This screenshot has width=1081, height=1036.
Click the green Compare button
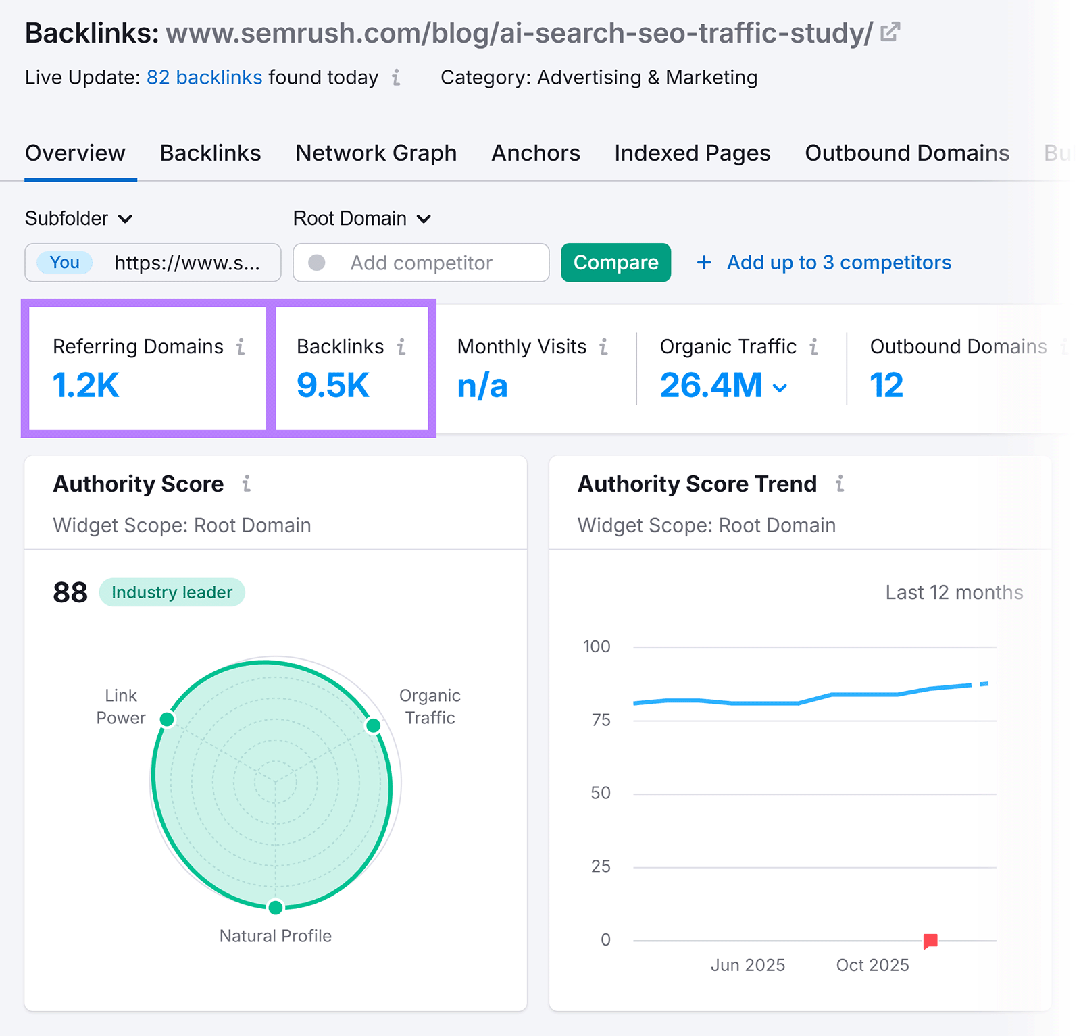click(x=615, y=263)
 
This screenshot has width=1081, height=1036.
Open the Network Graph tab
click(x=376, y=153)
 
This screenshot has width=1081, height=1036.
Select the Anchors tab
click(x=535, y=153)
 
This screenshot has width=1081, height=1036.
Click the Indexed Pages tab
click(x=692, y=153)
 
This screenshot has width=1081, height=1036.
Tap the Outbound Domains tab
click(x=907, y=153)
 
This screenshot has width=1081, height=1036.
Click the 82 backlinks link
click(x=204, y=78)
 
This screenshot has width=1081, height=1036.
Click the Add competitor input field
click(x=421, y=263)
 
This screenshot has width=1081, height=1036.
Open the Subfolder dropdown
click(x=78, y=219)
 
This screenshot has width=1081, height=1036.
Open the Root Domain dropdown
click(x=361, y=219)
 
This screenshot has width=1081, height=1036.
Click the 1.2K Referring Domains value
click(x=86, y=386)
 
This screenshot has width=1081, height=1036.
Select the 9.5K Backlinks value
click(x=333, y=386)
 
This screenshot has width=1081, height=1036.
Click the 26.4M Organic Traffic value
click(x=711, y=386)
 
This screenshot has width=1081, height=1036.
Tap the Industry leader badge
click(x=172, y=592)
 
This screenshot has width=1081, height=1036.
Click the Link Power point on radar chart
click(x=167, y=719)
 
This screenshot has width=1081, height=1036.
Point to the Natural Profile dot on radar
click(x=275, y=907)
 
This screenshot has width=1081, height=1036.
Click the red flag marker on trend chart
click(x=930, y=940)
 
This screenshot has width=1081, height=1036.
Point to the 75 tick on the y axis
click(x=601, y=720)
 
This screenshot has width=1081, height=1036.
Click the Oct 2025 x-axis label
click(x=872, y=965)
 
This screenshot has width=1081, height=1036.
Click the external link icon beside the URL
click(x=890, y=32)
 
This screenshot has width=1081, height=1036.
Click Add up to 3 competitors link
click(x=838, y=263)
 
